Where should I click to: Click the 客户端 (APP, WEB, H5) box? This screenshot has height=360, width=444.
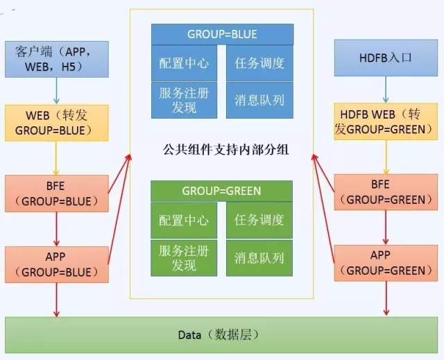[57, 59]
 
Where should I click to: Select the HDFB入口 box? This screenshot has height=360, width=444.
[386, 58]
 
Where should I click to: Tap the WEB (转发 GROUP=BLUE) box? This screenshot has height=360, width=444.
[57, 122]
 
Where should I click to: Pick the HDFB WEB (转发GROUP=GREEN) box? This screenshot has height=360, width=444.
[386, 122]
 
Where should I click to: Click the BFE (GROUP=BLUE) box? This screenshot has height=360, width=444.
[57, 193]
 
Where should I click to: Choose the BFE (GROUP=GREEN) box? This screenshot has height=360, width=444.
[386, 192]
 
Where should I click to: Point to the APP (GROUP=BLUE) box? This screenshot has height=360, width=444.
[57, 264]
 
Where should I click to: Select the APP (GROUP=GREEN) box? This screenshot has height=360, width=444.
[386, 263]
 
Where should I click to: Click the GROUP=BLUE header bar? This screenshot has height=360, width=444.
[222, 34]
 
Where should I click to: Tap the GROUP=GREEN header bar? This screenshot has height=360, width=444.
[222, 191]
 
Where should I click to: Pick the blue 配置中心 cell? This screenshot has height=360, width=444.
[184, 63]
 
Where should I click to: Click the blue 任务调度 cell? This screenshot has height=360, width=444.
[259, 63]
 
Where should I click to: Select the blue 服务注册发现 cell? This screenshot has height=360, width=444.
[184, 99]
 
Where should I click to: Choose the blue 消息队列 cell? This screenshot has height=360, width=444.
[259, 99]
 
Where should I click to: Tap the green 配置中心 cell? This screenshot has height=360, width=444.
[184, 221]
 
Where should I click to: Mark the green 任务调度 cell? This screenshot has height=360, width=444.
[259, 221]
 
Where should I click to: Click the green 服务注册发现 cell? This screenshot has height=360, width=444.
[184, 257]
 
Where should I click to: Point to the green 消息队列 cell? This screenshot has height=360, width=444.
[259, 258]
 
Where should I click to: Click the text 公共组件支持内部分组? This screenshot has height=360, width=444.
[222, 148]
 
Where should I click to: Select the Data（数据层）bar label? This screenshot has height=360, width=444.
[218, 335]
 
